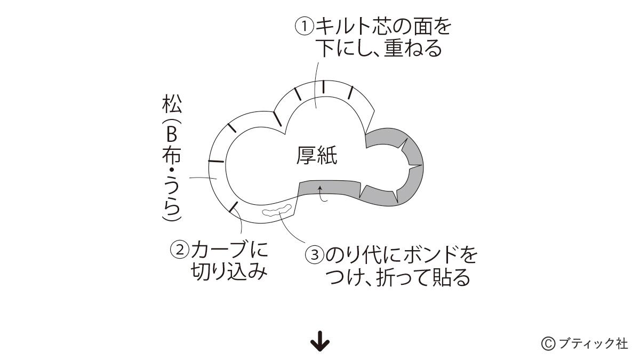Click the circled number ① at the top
[305, 27]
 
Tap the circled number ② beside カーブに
[179, 250]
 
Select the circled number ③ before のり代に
[315, 255]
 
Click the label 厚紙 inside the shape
[317, 156]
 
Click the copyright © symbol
[548, 343]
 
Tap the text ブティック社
[593, 343]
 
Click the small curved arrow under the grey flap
[322, 194]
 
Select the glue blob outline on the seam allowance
[277, 210]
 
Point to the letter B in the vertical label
[171, 134]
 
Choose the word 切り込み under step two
[229, 271]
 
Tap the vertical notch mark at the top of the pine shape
[323, 87]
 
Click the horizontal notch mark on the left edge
[216, 162]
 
